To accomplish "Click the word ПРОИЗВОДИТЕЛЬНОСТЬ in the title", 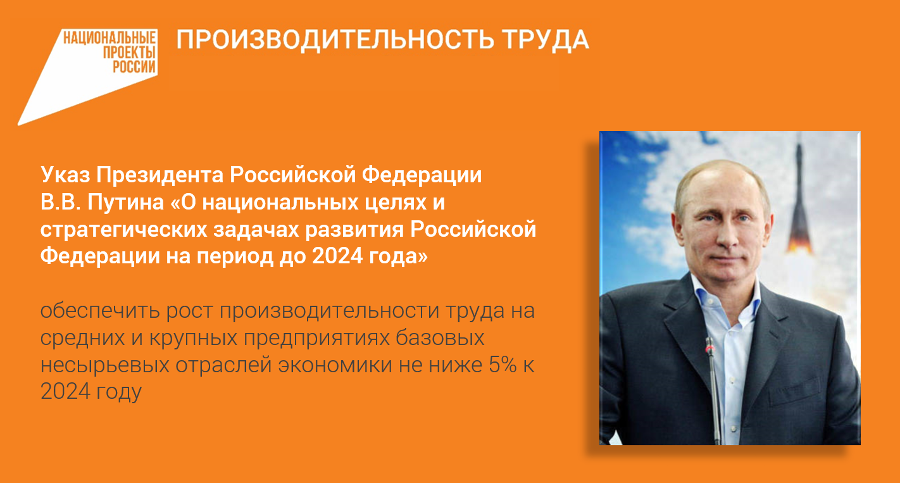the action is [x=335, y=40].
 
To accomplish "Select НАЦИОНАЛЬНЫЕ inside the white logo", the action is [x=109, y=38].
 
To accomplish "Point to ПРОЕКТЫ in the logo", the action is [x=129, y=53].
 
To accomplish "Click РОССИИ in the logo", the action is [x=134, y=66].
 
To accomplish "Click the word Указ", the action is [x=65, y=175].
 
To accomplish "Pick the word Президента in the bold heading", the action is [x=160, y=175].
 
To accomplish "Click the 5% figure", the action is [x=503, y=365].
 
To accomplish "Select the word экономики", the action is [x=335, y=365].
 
